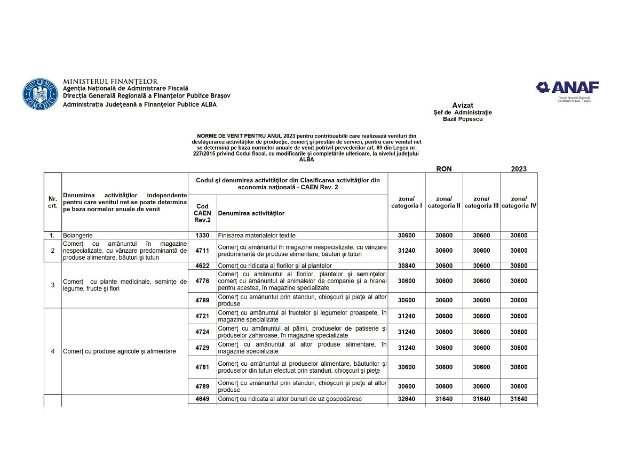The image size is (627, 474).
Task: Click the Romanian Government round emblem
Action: pyautogui.click(x=40, y=95)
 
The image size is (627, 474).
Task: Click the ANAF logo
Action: pyautogui.click(x=568, y=87)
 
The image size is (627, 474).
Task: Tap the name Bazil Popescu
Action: pyautogui.click(x=462, y=119)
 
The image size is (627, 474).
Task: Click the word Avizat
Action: pyautogui.click(x=463, y=105)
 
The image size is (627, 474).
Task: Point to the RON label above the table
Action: pyautogui.click(x=444, y=168)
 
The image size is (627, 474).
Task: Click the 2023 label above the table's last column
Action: pyautogui.click(x=519, y=168)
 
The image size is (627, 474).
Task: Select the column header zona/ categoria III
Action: pyautogui.click(x=481, y=202)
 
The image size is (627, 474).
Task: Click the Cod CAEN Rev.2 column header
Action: pyautogui.click(x=202, y=213)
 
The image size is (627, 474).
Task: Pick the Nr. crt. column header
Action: pyautogui.click(x=53, y=202)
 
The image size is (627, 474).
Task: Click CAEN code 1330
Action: pyautogui.click(x=202, y=235)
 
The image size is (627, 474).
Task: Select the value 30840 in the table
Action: pyautogui.click(x=407, y=266)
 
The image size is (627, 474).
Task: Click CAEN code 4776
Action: pyautogui.click(x=202, y=281)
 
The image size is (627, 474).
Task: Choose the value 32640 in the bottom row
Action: pyautogui.click(x=407, y=399)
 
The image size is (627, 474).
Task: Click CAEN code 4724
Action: pyautogui.click(x=202, y=332)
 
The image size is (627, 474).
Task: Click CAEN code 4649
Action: pyautogui.click(x=202, y=399)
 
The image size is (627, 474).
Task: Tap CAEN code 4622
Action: pyautogui.click(x=202, y=266)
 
